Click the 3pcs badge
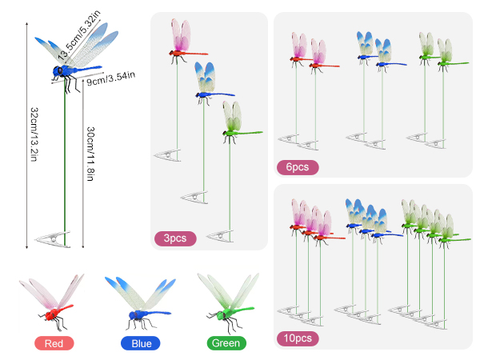tap(175, 238)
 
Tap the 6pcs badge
tap(298, 167)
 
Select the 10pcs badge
tap(298, 338)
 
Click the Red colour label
tap(54, 343)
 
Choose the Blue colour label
tap(141, 343)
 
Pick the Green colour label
tap(226, 343)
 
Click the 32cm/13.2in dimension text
tap(34, 134)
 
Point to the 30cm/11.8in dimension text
tap(90, 154)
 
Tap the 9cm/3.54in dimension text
tap(111, 78)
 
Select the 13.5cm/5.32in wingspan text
tap(79, 34)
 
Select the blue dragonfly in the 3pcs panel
tap(210, 83)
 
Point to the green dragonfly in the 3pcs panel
tap(238, 122)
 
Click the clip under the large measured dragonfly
tap(53, 238)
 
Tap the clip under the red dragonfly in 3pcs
tap(167, 155)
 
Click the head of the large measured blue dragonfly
tap(58, 71)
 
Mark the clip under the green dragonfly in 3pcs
tap(220, 236)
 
